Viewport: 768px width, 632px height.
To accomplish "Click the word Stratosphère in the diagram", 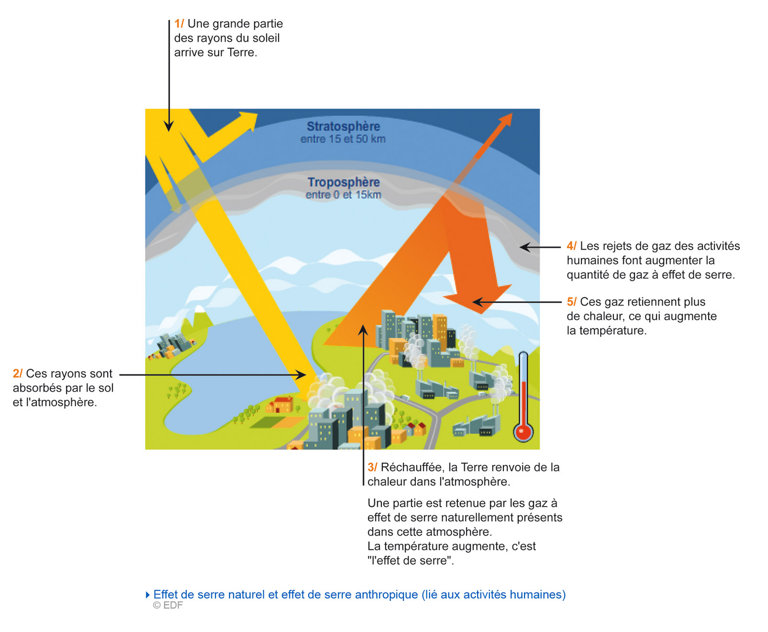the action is [x=343, y=126].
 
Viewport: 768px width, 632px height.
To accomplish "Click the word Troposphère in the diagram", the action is [x=343, y=182].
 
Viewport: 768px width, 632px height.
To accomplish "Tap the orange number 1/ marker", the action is [x=179, y=24].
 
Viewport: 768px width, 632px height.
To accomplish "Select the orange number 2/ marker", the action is [x=17, y=373].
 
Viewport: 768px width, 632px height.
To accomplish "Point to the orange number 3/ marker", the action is [x=372, y=467].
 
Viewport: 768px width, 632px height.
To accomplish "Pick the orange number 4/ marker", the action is [x=571, y=246].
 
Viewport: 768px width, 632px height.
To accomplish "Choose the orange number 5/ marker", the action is [x=571, y=302].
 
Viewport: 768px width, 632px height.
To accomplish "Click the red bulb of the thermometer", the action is [x=524, y=433].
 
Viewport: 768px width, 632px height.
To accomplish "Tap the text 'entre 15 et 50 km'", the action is [x=343, y=139].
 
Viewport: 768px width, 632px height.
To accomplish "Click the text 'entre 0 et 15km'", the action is [x=343, y=195].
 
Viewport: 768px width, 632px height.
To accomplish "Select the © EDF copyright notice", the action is [x=167, y=605].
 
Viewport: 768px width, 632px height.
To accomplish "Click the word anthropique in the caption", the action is [x=386, y=594].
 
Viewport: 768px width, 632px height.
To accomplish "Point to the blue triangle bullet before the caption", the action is [x=148, y=595].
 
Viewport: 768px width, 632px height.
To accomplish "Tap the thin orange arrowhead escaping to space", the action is [x=506, y=119].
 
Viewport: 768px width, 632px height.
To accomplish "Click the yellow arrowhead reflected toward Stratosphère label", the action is [x=247, y=121].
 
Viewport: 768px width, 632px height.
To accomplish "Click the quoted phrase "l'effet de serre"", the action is [x=410, y=560].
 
